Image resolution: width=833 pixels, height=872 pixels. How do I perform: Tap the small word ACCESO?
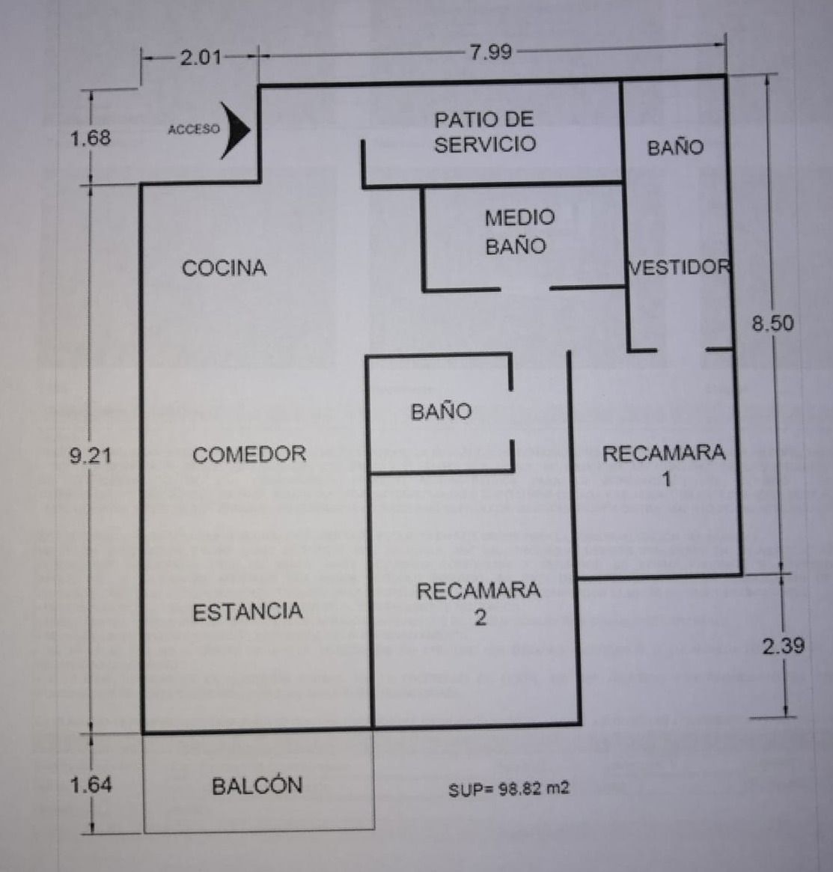pos(194,129)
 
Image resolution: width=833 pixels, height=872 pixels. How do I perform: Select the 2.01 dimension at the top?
pos(200,57)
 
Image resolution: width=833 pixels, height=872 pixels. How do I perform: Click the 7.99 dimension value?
pos(490,52)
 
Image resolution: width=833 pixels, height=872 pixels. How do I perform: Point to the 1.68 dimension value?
pos(91,138)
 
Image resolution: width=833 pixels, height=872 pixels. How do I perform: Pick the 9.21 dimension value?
pos(91,455)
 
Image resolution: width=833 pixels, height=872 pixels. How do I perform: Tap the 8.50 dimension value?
pos(772,323)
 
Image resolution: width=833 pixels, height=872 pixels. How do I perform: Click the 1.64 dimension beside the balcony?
pos(91,784)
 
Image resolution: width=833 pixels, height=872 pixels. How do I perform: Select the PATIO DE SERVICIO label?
pos(484,132)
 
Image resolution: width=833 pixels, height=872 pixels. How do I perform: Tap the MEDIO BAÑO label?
pos(519,231)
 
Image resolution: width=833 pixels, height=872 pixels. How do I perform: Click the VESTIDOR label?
pos(679,268)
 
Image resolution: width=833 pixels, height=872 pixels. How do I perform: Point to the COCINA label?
pos(224,268)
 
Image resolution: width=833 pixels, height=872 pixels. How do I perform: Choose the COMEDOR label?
pos(249,454)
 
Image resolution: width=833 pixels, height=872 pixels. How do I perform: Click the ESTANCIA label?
pos(248,612)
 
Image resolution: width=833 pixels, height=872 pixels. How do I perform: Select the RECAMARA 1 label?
pos(664,464)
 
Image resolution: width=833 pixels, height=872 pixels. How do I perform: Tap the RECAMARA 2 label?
pos(479,603)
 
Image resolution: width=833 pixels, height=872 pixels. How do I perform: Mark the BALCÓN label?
pos(257,786)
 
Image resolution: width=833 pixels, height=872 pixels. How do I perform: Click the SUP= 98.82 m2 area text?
pos(509,789)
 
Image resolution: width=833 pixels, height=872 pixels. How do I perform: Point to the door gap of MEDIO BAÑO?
pos(525,288)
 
